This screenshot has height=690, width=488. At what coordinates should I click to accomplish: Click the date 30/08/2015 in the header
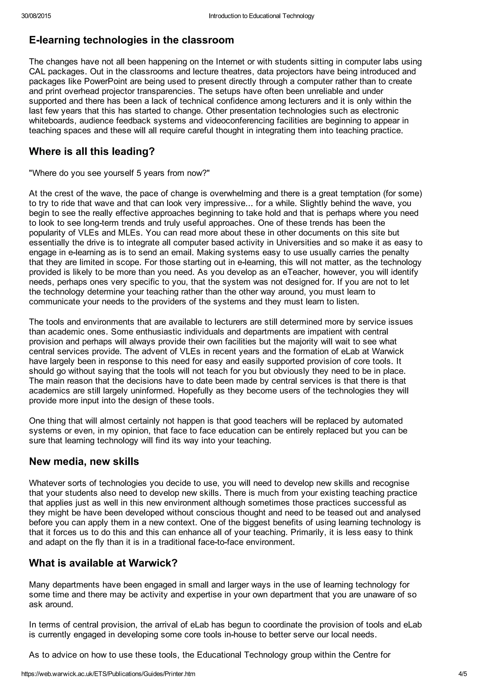tap(36, 16)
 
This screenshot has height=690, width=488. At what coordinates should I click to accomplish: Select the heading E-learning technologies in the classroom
tap(131, 40)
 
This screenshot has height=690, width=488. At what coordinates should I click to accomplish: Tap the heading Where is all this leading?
tap(92, 151)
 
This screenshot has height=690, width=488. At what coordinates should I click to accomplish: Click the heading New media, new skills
tap(84, 461)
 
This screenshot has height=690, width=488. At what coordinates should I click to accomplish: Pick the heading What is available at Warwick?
tap(103, 563)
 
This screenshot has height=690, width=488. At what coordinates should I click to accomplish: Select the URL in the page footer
tap(108, 674)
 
